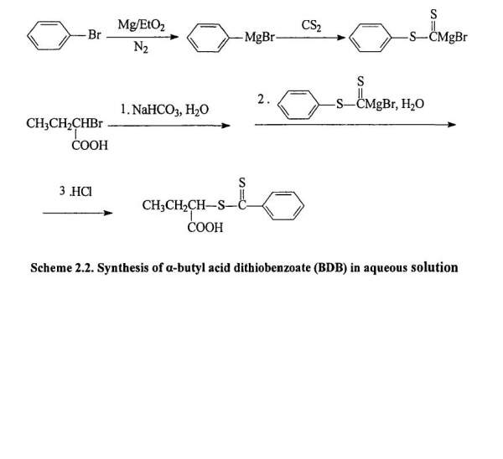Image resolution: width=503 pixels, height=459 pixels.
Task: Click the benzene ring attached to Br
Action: (x=48, y=37)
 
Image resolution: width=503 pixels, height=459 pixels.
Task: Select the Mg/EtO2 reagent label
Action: (x=140, y=26)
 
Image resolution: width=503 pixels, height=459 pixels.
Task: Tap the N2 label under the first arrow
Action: (x=140, y=49)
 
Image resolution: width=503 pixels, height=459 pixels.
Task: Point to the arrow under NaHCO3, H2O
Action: (x=169, y=125)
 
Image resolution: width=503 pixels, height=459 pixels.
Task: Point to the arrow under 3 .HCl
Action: (x=78, y=213)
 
